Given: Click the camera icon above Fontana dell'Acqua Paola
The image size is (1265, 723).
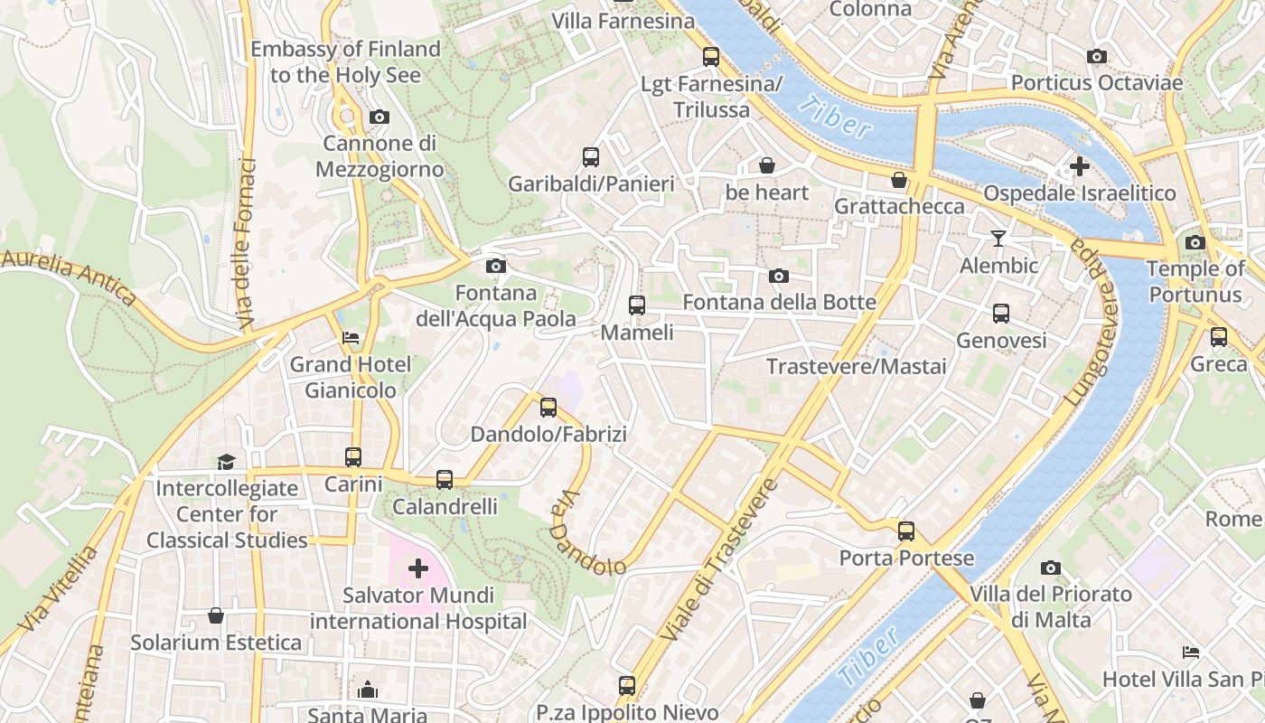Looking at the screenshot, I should click(x=495, y=266).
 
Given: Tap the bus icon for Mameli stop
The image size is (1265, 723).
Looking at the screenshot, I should click(x=637, y=305).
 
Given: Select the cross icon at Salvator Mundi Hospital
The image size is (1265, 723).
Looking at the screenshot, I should click(x=417, y=568).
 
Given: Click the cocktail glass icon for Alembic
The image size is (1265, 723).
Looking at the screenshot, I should click(x=998, y=239).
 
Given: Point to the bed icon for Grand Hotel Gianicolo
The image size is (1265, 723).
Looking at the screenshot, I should click(x=351, y=338).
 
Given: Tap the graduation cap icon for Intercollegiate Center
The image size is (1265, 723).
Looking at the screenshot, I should click(x=226, y=462).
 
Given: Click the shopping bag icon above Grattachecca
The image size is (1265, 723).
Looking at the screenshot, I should click(x=899, y=180).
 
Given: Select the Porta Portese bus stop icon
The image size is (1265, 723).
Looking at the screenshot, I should click(x=906, y=531).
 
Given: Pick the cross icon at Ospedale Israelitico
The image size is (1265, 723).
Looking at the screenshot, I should click(x=1079, y=166).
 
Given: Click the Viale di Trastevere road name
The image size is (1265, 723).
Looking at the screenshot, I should click(x=719, y=560).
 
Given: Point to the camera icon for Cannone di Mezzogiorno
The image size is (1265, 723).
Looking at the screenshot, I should click(x=379, y=117).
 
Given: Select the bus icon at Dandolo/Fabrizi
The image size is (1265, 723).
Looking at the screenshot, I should click(x=548, y=408).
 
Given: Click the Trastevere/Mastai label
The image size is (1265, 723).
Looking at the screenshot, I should click(x=856, y=366).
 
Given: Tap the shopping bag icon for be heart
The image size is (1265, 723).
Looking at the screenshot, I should click(x=766, y=165).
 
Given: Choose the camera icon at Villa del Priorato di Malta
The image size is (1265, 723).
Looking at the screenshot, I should click(x=1050, y=568).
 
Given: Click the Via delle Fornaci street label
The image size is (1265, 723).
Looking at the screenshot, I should click(x=245, y=244).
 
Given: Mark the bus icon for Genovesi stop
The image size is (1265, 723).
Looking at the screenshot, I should click(x=1001, y=314).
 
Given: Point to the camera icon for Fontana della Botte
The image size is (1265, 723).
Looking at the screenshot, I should click(x=779, y=276).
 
